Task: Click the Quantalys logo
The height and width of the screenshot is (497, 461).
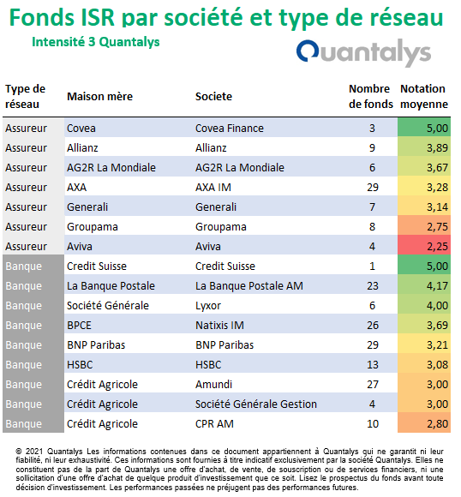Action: (363, 52)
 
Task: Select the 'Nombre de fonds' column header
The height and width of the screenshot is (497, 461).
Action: (371, 96)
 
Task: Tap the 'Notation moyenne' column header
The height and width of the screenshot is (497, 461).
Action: (424, 96)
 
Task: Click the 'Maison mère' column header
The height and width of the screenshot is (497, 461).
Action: (100, 96)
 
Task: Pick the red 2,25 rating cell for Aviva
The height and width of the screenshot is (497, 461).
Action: (424, 246)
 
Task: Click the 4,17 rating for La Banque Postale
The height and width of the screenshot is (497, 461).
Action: (437, 286)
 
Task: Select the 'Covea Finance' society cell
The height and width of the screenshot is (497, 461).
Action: (230, 128)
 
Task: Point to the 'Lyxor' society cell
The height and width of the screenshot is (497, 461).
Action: (208, 306)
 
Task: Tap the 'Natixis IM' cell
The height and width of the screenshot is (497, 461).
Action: (219, 326)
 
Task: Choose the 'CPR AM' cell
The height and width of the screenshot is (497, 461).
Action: (214, 424)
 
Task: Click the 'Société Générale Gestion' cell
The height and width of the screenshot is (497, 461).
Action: (256, 404)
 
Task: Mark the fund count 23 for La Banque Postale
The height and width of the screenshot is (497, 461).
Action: (373, 286)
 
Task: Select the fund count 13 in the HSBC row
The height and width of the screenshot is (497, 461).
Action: (373, 365)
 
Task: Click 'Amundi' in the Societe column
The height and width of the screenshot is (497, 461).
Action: (213, 385)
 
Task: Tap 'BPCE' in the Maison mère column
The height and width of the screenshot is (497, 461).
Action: (79, 326)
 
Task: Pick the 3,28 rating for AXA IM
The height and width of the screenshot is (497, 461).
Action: (437, 188)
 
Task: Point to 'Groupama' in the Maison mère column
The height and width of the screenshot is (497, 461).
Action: (93, 226)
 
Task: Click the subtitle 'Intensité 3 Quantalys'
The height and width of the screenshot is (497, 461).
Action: (96, 42)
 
